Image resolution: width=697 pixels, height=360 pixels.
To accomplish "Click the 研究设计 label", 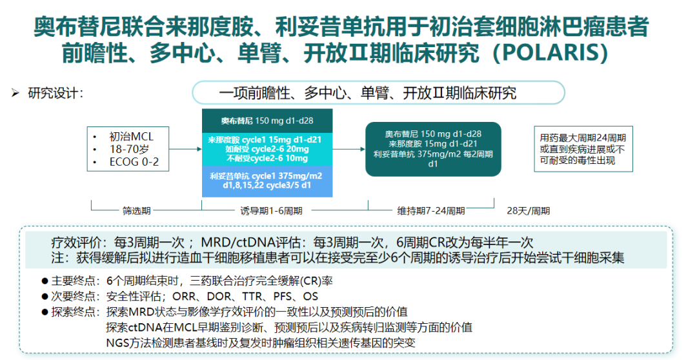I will pyautogui.click(x=54, y=93).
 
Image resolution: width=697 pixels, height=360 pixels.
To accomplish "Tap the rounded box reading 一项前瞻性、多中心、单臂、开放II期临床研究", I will pyautogui.click(x=378, y=93).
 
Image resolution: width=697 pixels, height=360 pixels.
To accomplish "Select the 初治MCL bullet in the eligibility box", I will pyautogui.click(x=132, y=136).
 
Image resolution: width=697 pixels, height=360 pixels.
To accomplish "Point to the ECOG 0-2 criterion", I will pyautogui.click(x=134, y=162).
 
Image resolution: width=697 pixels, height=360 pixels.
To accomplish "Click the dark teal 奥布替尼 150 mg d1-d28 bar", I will pyautogui.click(x=267, y=121).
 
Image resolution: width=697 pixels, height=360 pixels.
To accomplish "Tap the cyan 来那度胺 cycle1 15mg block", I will pyautogui.click(x=267, y=149).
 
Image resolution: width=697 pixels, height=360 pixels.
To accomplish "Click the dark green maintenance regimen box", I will pyautogui.click(x=433, y=148).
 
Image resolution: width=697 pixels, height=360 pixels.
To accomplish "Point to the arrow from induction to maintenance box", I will pyautogui.click(x=348, y=149).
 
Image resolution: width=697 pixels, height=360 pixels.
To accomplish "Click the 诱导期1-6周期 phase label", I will pyautogui.click(x=271, y=210).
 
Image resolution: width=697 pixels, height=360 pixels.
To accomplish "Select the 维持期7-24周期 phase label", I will pyautogui.click(x=430, y=210).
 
